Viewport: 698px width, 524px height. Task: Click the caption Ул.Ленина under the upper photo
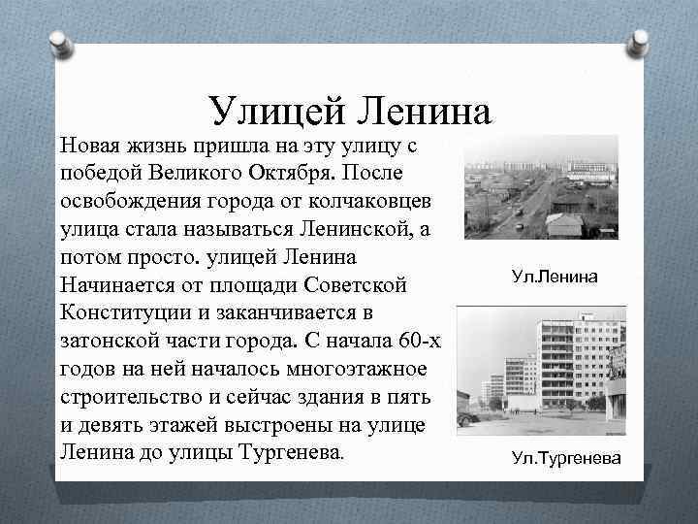[555, 278]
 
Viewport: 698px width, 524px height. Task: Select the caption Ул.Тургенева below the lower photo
[567, 458]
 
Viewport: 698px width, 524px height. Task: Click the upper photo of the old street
[540, 186]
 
